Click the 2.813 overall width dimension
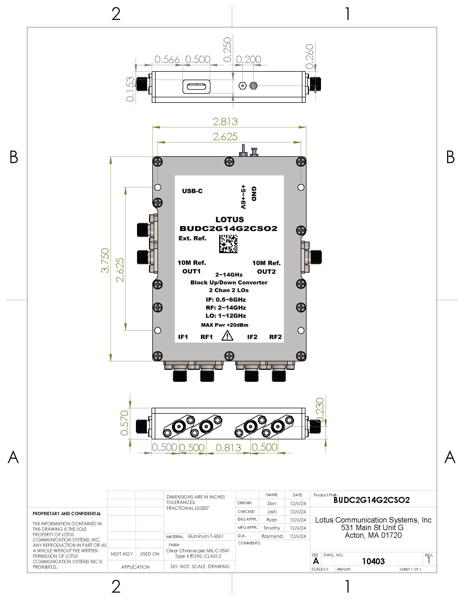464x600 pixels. pyautogui.click(x=225, y=121)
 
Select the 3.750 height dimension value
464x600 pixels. pyautogui.click(x=105, y=260)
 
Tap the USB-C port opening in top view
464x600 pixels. pyautogui.click(x=196, y=87)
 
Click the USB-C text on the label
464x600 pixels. pyautogui.click(x=192, y=191)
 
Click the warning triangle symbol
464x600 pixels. pyautogui.click(x=227, y=336)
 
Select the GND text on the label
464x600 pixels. pyautogui.click(x=254, y=194)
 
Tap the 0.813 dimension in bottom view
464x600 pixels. pyautogui.click(x=228, y=448)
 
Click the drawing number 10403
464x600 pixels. pyautogui.click(x=373, y=561)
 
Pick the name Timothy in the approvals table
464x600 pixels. pyautogui.click(x=272, y=528)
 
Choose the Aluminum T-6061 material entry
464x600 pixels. pyautogui.click(x=205, y=536)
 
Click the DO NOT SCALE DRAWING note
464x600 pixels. pyautogui.click(x=200, y=566)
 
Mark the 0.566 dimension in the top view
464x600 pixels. pyautogui.click(x=167, y=59)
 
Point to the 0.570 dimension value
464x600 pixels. pyautogui.click(x=124, y=423)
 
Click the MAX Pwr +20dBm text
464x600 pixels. pyautogui.click(x=225, y=325)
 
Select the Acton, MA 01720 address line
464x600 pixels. pyautogui.click(x=373, y=535)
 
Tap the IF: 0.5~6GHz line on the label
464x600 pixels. pyautogui.click(x=226, y=300)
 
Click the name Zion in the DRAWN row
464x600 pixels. pyautogui.click(x=272, y=503)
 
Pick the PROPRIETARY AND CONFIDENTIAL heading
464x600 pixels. pyautogui.click(x=67, y=514)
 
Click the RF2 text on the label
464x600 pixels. pyautogui.click(x=275, y=337)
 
